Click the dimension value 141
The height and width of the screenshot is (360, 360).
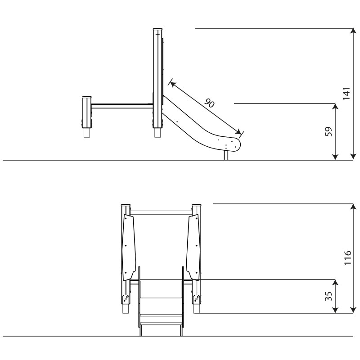coord(346,93)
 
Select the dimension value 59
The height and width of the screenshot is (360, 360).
coord(329,131)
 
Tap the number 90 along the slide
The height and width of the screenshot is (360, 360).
coord(209,103)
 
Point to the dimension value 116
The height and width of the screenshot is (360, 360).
coord(347,257)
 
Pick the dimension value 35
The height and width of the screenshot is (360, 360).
coord(329,296)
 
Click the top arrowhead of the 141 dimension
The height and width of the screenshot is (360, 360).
coord(353,31)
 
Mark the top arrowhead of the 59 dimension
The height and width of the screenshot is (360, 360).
coord(335,107)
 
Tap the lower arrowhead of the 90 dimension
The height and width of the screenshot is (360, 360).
coord(239,132)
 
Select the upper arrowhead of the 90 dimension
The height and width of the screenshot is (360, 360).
coord(173,84)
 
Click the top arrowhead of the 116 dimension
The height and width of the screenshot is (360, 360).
coord(353,207)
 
